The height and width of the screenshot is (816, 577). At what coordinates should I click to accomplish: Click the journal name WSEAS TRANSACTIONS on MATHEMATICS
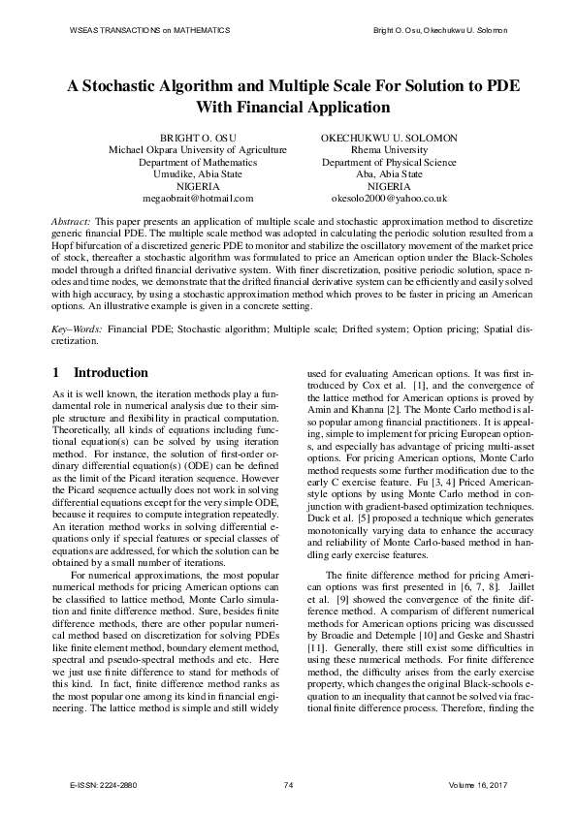click(150, 31)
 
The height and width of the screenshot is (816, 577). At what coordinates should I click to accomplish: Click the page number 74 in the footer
click(288, 785)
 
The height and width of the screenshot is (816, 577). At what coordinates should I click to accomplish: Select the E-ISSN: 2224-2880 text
click(104, 785)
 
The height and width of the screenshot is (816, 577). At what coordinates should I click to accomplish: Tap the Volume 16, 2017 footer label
click(478, 785)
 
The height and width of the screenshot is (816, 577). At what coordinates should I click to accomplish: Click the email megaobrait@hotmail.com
click(197, 198)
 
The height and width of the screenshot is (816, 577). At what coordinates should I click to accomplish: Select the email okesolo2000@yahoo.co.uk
click(388, 198)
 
